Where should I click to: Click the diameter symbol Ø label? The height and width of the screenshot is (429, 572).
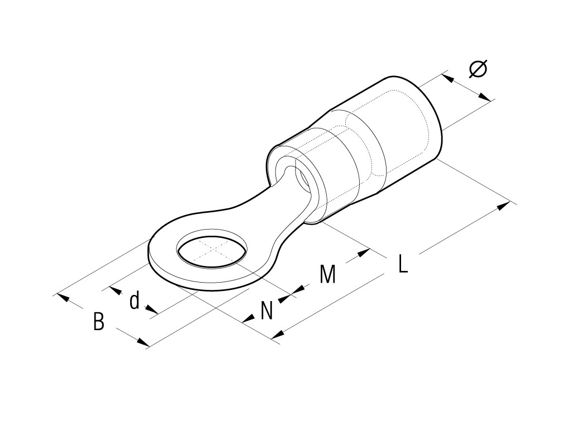(478, 68)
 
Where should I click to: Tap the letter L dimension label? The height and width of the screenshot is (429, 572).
(402, 264)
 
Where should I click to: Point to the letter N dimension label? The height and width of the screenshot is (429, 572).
(266, 311)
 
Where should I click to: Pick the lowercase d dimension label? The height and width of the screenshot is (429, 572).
(135, 300)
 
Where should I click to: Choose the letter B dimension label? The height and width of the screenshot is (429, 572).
(98, 321)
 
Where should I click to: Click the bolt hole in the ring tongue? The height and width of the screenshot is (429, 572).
(212, 252)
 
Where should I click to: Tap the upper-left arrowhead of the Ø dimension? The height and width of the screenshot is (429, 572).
(447, 78)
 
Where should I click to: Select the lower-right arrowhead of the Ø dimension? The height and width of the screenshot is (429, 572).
(484, 97)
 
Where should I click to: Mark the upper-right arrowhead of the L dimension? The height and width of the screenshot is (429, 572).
(503, 206)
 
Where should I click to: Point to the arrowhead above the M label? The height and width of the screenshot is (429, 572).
(363, 252)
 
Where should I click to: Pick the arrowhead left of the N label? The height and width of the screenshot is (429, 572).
(249, 318)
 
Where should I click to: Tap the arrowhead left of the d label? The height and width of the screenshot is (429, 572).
(115, 290)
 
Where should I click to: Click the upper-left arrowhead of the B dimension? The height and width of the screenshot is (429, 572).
(63, 297)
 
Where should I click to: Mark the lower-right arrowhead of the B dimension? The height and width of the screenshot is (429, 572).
(143, 342)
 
